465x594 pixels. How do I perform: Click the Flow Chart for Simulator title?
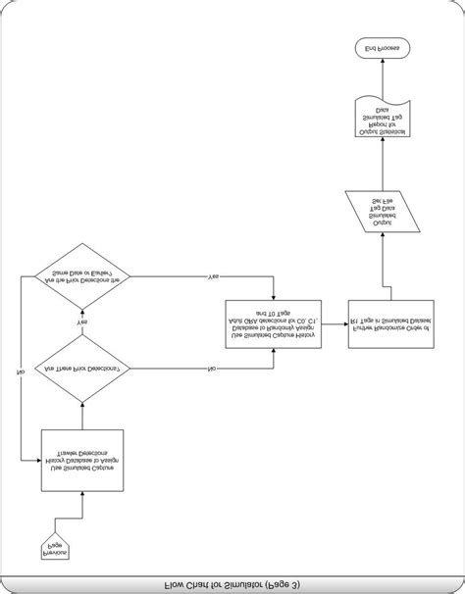(x=232, y=585)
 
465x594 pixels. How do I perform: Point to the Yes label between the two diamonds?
(x=82, y=322)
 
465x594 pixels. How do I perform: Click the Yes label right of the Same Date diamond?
(x=214, y=277)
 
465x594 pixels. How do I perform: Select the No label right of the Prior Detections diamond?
(x=212, y=369)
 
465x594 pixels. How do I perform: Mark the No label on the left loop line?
(x=21, y=371)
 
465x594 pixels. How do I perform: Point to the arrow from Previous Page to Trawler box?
(x=81, y=510)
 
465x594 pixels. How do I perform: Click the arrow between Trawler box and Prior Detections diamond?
(x=81, y=416)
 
